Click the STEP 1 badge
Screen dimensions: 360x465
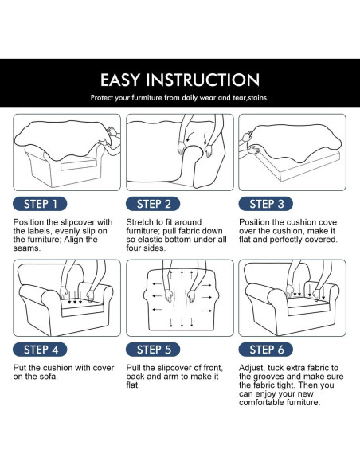point(40,204)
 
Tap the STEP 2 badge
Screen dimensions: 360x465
point(153,204)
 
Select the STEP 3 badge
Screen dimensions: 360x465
point(266,204)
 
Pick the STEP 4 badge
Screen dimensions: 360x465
point(40,350)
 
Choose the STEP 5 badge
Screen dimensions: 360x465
point(153,350)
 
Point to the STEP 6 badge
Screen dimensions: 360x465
point(266,350)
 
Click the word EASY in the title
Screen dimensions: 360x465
point(119,80)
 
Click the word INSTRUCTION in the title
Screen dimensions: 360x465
point(203,80)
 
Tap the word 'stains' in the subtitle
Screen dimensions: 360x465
point(258,98)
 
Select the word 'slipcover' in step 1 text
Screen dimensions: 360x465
point(78,222)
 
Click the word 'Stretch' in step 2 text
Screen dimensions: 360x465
point(139,222)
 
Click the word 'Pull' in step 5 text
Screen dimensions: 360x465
point(133,368)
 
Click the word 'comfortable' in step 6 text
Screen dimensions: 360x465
point(261,402)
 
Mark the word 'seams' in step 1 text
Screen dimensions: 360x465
point(27,248)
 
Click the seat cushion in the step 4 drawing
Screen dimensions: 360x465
point(83,307)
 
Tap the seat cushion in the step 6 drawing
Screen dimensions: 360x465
point(308,306)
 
